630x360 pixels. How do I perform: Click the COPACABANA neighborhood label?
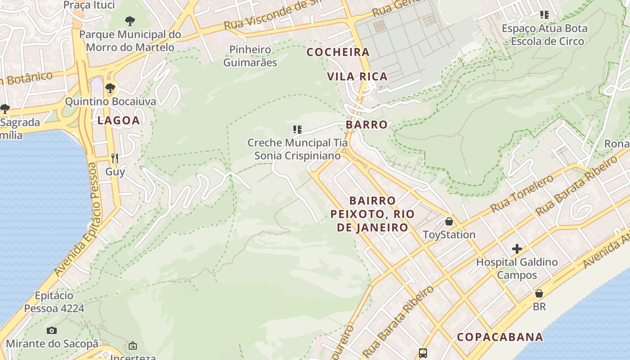500,337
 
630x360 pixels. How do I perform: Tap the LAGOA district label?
118,120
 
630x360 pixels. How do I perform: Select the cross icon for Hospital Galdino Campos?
517,249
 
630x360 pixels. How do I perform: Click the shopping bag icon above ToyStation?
449,221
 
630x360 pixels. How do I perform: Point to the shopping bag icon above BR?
539,293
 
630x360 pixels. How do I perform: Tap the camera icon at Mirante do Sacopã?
52,331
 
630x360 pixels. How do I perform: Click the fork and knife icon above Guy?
115,158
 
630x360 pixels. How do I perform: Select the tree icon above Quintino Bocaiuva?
110,88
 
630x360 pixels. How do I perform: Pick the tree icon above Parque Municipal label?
130,21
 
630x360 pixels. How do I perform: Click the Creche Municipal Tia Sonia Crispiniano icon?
297,130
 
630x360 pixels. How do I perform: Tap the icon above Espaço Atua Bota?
544,15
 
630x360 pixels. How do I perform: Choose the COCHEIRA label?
338,52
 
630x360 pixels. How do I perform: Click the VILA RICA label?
357,76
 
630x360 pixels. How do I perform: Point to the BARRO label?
366,125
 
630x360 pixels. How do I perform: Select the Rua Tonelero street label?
522,193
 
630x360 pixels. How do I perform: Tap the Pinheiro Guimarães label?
250,56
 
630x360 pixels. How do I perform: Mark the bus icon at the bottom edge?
423,353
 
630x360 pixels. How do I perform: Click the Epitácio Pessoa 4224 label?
54,302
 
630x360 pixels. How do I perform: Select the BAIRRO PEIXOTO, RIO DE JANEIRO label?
372,214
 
